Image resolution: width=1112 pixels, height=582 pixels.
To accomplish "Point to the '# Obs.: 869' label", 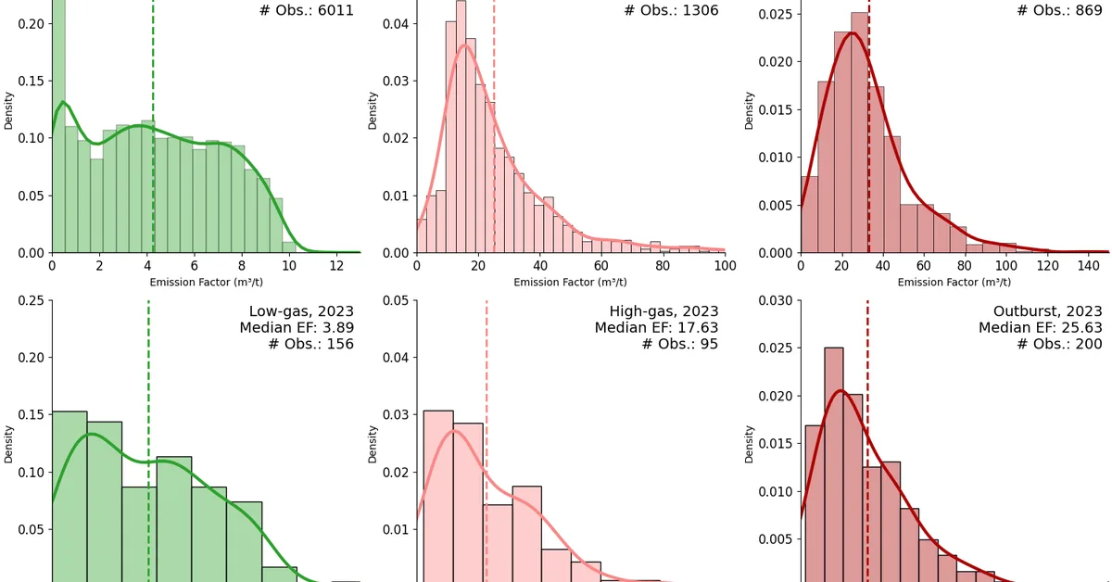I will (1059, 10).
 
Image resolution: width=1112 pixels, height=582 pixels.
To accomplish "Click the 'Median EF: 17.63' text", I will (656, 327).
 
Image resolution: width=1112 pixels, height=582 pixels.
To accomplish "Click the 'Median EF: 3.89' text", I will (297, 327).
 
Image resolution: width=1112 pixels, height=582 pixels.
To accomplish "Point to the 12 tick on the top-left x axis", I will (335, 265).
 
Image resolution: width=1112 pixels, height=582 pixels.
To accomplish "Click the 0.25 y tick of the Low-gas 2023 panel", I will (29, 300).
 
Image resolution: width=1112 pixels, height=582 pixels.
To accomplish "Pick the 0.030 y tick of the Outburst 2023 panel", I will (775, 300).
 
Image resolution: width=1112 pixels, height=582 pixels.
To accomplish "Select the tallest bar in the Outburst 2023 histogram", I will (834, 463).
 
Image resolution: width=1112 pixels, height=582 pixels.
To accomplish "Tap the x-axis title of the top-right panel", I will (954, 282).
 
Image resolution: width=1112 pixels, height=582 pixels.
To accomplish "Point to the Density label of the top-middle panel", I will (373, 109).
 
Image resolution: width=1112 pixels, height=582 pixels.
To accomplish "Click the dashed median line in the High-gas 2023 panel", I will (486, 445).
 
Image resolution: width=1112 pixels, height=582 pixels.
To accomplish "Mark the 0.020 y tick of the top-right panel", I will (775, 62).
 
